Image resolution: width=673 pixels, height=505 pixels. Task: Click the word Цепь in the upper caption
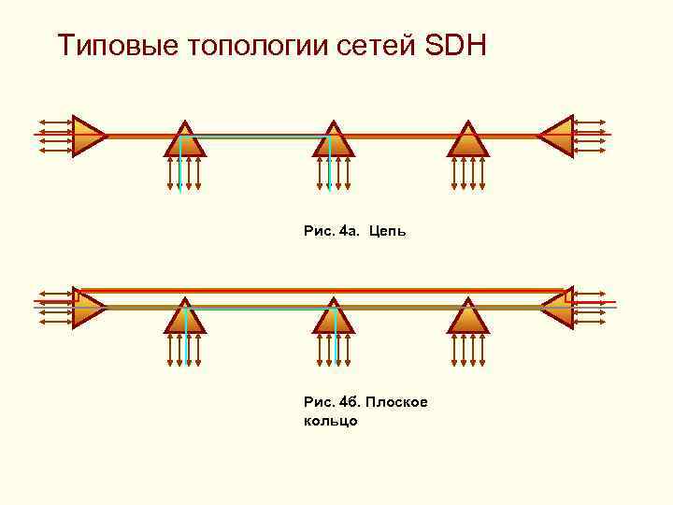[387, 229]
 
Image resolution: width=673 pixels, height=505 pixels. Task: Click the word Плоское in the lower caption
[396, 402]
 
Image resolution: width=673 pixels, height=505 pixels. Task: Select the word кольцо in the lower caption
[331, 421]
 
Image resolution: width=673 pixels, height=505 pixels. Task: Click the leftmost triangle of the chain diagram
[87, 136]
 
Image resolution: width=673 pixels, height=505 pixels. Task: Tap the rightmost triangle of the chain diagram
[557, 136]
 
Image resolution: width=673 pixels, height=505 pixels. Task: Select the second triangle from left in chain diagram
[185, 140]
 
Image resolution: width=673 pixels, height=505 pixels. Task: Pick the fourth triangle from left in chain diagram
[468, 140]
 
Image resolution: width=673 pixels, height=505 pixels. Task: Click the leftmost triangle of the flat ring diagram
[87, 309]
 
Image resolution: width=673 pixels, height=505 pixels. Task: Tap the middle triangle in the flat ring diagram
[334, 317]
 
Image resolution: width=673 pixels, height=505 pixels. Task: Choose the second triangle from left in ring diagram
[185, 317]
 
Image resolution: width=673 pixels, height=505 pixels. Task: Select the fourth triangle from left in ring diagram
[468, 317]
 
